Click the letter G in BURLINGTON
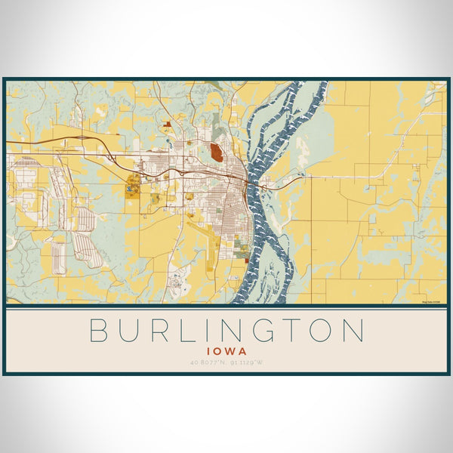[x=267, y=331]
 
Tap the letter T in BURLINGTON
[x=297, y=331]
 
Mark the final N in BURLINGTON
[x=356, y=331]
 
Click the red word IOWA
[x=226, y=351]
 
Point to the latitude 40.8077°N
[x=209, y=363]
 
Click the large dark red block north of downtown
[x=217, y=153]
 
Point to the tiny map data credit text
[x=431, y=301]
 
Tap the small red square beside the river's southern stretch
[x=246, y=261]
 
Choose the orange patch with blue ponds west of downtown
[x=134, y=183]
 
